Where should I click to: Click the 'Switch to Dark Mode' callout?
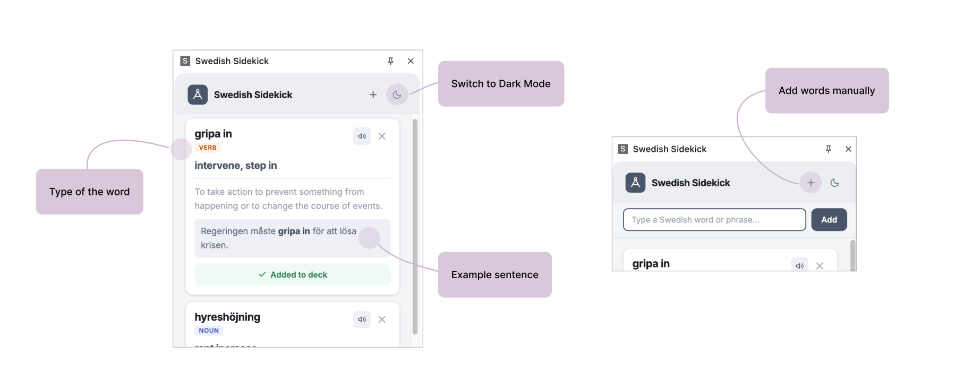click(x=500, y=84)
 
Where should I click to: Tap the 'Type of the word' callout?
click(x=89, y=192)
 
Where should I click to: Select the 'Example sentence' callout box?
click(x=494, y=275)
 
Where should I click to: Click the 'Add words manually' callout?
click(x=826, y=91)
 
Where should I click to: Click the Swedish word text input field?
click(x=714, y=220)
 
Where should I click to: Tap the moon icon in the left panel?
click(x=397, y=94)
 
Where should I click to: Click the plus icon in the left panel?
click(x=373, y=94)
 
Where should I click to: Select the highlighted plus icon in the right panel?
click(x=810, y=183)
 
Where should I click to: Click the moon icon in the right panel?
click(x=834, y=183)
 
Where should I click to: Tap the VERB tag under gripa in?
click(x=208, y=148)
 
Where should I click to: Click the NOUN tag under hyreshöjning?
click(x=209, y=330)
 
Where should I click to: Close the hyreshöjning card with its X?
click(x=382, y=319)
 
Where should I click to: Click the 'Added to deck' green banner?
click(x=293, y=274)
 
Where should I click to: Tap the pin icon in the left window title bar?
click(x=390, y=61)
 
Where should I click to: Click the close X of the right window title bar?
click(x=848, y=149)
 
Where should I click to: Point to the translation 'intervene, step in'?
click(x=236, y=166)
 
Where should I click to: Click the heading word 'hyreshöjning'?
click(x=227, y=317)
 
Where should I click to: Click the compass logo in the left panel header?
click(x=198, y=94)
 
